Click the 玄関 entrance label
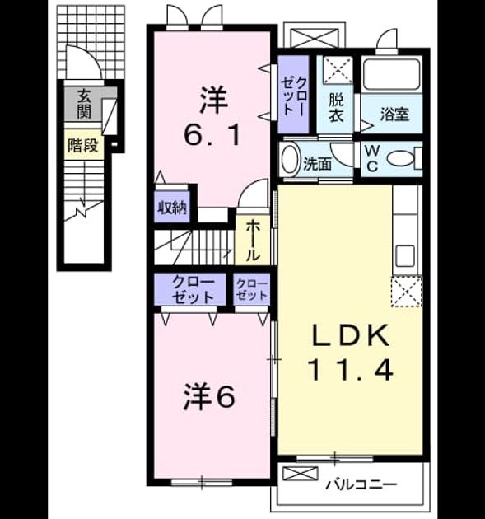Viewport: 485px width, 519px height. [84, 105]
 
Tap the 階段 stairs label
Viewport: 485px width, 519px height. [83, 145]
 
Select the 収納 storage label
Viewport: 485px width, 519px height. [172, 208]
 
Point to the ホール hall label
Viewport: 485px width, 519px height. [252, 241]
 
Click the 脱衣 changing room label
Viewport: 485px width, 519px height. [336, 107]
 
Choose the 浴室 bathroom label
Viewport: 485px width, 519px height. [394, 115]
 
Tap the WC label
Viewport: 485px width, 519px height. [372, 158]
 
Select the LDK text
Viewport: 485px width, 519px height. [351, 336]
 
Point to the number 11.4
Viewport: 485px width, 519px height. [351, 369]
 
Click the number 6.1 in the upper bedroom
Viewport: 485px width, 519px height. [212, 135]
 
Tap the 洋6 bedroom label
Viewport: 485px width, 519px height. [209, 397]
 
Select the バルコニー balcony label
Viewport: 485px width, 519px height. [361, 485]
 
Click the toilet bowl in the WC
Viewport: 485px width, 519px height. [402, 159]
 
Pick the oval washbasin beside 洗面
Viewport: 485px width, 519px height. [290, 159]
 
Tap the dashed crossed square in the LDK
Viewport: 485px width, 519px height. [407, 292]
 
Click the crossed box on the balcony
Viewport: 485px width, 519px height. [301, 474]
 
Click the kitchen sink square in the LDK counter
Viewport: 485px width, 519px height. [405, 255]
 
